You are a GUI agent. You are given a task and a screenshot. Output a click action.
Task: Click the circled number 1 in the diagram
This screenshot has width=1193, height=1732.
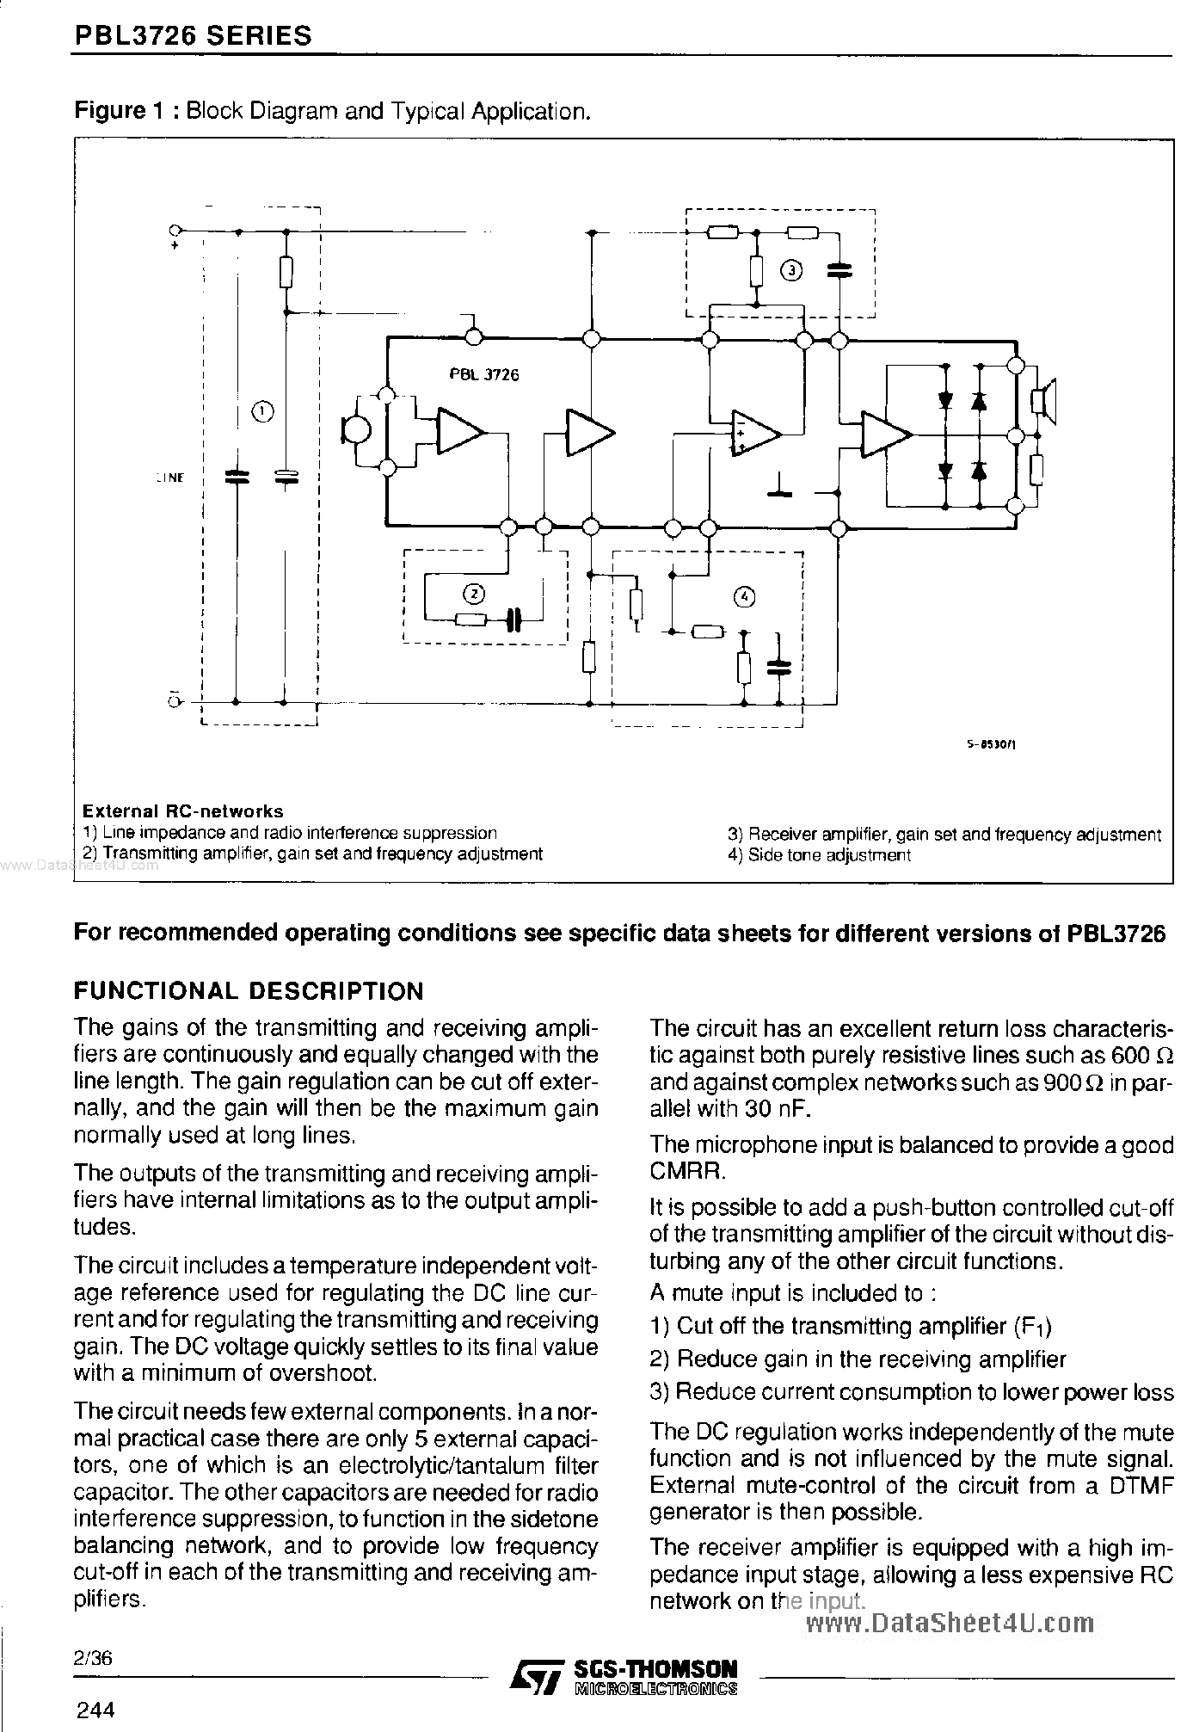[x=262, y=412]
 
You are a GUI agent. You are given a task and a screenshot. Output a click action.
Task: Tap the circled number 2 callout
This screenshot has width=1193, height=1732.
[x=474, y=593]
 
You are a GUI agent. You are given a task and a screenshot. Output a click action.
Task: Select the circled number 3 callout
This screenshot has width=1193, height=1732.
[x=790, y=271]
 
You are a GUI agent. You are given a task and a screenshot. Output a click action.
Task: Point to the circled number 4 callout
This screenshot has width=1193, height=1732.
[x=745, y=597]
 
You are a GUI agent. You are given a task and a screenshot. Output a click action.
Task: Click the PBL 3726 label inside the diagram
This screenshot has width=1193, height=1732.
[x=483, y=374]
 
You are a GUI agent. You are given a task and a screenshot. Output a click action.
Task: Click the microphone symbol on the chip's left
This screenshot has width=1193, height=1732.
[x=355, y=431]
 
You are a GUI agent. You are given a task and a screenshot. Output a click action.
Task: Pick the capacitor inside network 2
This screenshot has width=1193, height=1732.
[x=513, y=619]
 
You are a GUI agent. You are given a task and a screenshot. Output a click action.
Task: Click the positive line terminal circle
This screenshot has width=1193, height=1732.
[x=175, y=231]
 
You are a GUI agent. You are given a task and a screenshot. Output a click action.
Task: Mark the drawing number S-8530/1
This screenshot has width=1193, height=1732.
[x=991, y=747]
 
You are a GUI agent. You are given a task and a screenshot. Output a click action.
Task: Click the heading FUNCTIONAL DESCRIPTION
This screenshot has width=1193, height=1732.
[x=249, y=991]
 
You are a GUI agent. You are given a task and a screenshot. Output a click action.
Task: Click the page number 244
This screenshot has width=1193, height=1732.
[x=95, y=1709]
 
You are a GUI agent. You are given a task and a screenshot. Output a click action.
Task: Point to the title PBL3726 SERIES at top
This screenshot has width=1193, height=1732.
[x=194, y=36]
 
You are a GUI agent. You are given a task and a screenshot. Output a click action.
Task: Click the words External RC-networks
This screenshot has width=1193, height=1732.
[x=182, y=811]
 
